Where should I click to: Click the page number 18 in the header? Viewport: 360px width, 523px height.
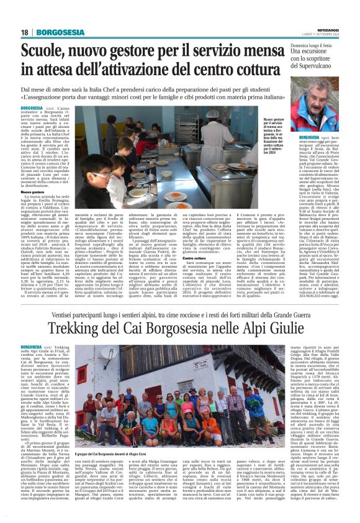click(24, 32)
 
